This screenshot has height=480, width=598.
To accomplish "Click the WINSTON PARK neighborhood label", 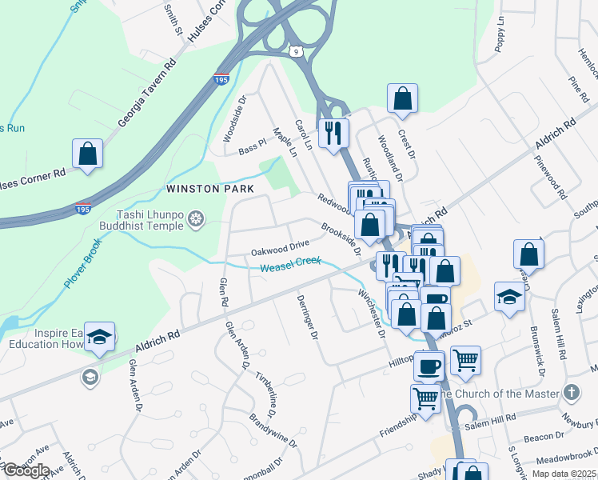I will (x=209, y=189).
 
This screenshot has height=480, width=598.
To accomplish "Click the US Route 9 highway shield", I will (x=297, y=52).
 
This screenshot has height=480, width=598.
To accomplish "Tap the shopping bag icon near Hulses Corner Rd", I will (x=87, y=153).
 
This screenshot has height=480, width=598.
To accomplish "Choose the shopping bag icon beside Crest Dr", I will (x=403, y=98).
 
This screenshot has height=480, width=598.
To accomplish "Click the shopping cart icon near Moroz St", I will (x=465, y=359).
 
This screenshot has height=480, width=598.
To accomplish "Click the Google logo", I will (x=26, y=470).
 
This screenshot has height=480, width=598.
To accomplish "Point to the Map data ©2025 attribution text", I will (x=564, y=474).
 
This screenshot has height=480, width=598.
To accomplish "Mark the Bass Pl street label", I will (x=251, y=146).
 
